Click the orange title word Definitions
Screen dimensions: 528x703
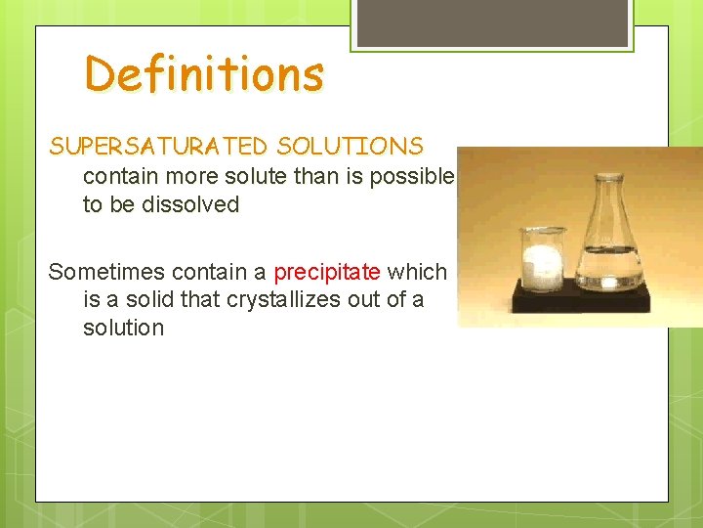coord(203,74)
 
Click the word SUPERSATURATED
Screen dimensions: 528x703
coord(158,147)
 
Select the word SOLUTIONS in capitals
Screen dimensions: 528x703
coord(351,147)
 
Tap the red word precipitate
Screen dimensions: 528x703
coord(327,272)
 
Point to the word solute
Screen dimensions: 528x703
coord(270,177)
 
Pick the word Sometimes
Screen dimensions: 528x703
coord(107,272)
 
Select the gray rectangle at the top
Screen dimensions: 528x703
coord(492,22)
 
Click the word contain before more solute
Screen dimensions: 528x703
coord(119,177)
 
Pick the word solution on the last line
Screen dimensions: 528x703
coord(124,328)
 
